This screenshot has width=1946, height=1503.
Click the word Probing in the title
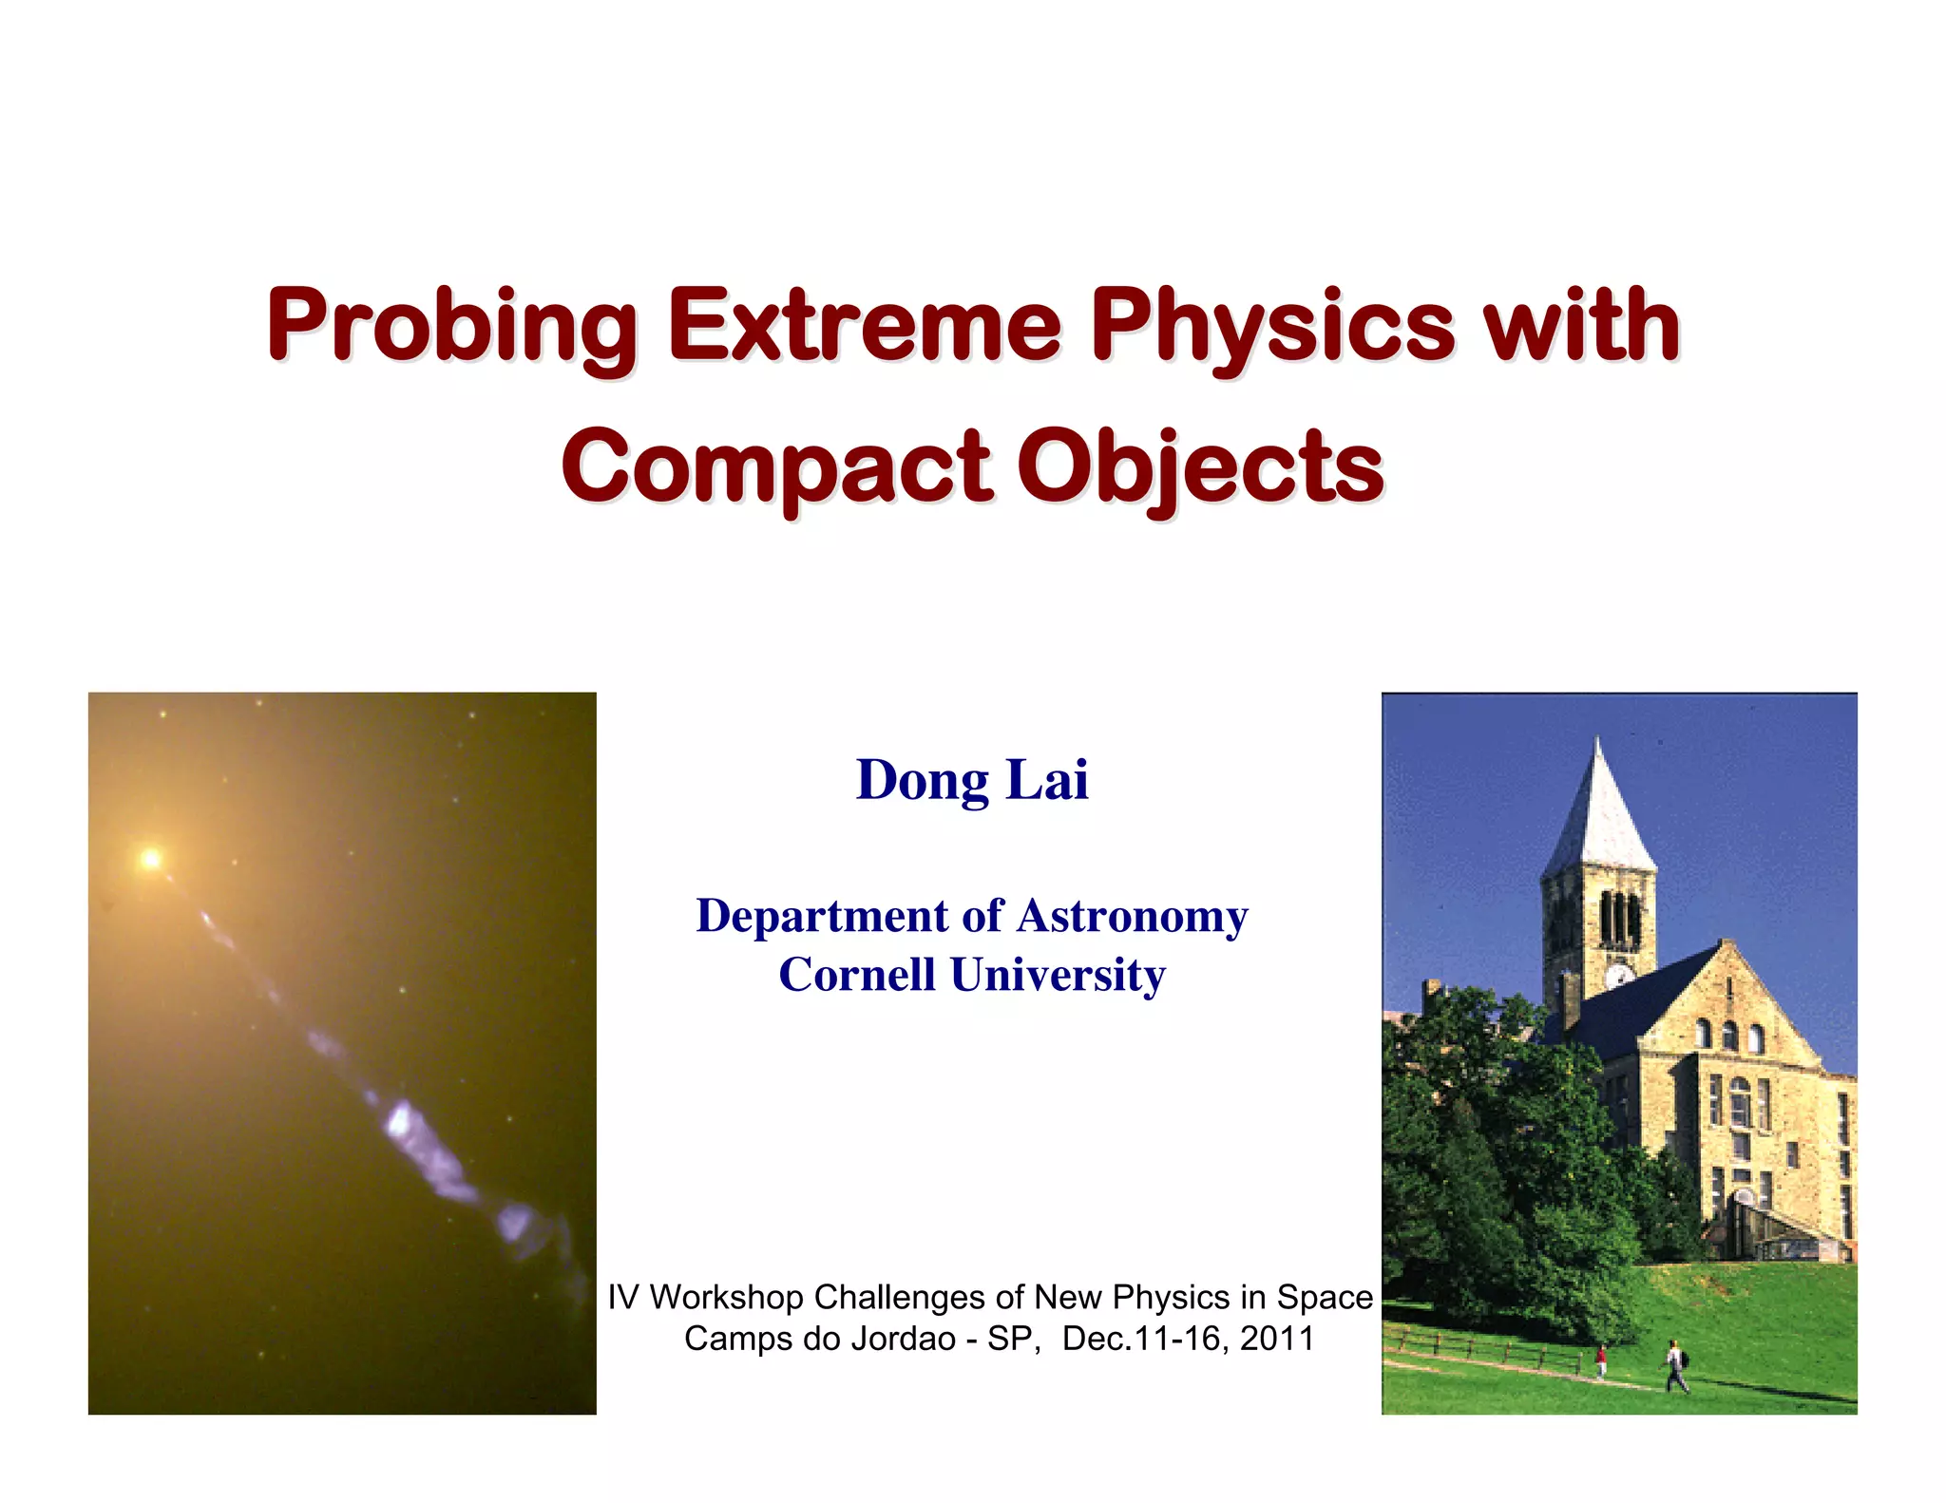coord(451,327)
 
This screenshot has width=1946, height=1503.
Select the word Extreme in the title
coord(864,327)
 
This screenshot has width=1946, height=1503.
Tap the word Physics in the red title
coord(1272,327)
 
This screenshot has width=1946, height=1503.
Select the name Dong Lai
coord(971,780)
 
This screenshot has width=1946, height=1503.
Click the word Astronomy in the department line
coord(1132,917)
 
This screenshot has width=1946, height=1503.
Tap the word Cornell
coord(857,975)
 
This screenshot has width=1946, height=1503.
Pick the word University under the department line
coord(1058,975)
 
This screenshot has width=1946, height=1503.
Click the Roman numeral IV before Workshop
coord(622,1297)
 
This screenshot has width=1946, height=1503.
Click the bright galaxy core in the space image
coord(150,860)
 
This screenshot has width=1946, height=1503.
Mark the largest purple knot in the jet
coord(400,1121)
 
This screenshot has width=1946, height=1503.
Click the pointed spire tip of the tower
coord(1598,742)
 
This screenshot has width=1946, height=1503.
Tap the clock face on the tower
coord(1619,975)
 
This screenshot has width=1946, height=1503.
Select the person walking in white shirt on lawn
coord(1674,1366)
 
